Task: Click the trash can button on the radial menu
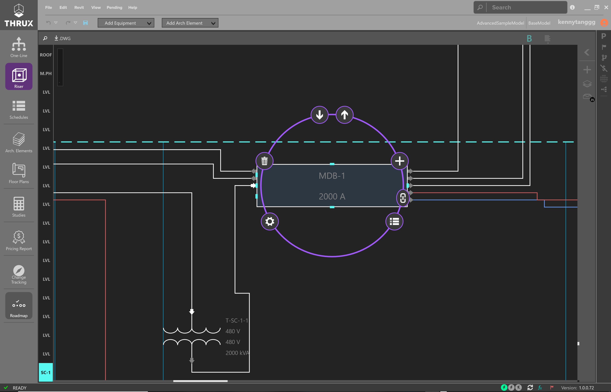(x=264, y=161)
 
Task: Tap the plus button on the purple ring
(x=400, y=161)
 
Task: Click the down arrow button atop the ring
(x=319, y=115)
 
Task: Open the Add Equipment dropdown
(x=126, y=23)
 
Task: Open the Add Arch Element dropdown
(x=190, y=23)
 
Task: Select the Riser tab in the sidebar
(x=19, y=76)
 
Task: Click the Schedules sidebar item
(x=19, y=110)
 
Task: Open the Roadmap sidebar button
(x=19, y=306)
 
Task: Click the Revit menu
(x=79, y=7)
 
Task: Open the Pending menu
(x=114, y=7)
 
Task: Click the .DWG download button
(x=62, y=38)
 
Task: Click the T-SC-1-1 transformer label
(x=237, y=320)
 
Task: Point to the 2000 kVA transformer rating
(x=237, y=353)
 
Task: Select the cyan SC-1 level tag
(x=46, y=372)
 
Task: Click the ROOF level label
(x=46, y=55)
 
